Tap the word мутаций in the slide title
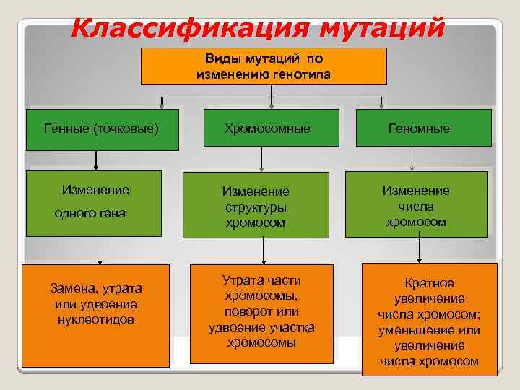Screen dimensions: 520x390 (x=382, y=29)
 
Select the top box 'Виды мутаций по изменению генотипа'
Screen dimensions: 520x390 (x=264, y=66)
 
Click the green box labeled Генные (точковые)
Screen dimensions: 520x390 (x=102, y=129)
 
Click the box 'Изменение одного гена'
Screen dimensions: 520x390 (x=94, y=203)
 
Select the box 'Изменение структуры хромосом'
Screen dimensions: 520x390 (x=256, y=205)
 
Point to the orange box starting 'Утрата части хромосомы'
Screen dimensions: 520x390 (x=261, y=313)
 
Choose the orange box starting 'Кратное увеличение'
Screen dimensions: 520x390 (x=430, y=319)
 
